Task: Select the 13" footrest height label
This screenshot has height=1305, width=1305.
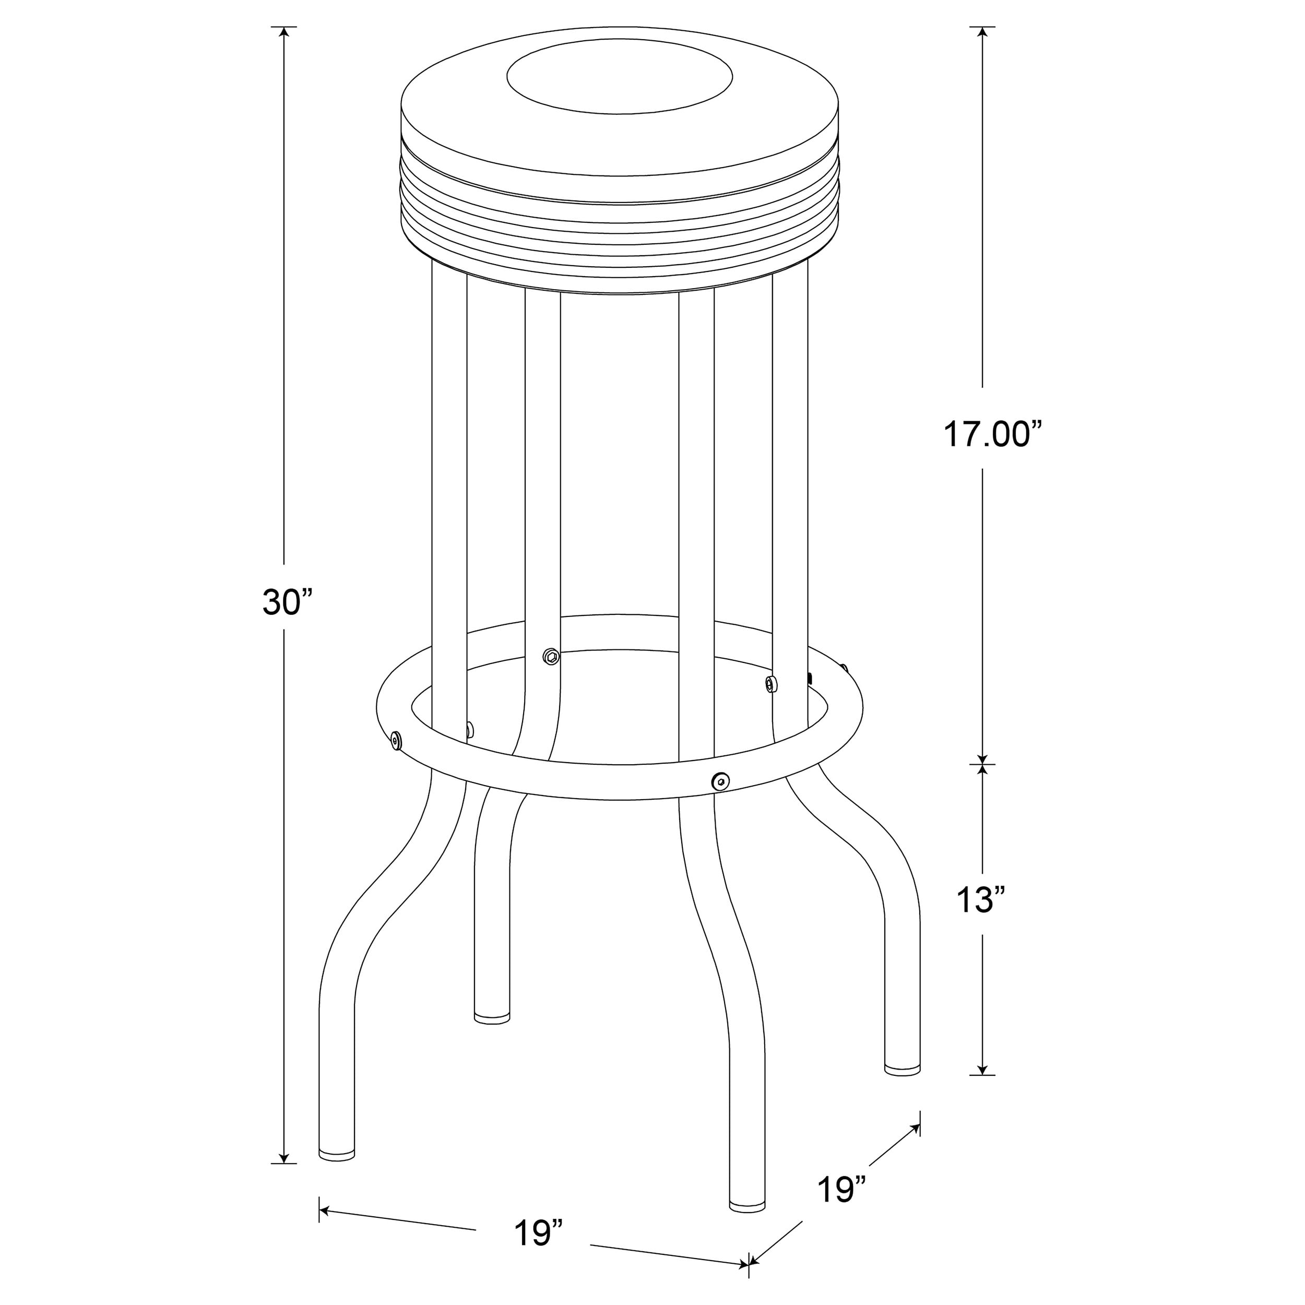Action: click(x=981, y=900)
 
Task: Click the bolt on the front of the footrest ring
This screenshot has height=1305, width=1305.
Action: click(x=721, y=781)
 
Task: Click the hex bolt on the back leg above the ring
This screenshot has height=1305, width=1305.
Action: click(x=551, y=655)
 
